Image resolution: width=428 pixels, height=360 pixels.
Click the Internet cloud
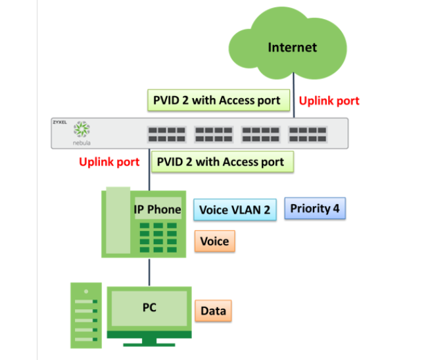(292, 48)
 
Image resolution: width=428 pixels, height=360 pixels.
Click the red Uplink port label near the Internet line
(329, 101)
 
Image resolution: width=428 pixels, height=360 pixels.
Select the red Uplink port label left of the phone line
(109, 161)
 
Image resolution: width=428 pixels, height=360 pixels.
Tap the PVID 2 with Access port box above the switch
(217, 100)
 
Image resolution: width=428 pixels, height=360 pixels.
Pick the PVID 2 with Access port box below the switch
(220, 161)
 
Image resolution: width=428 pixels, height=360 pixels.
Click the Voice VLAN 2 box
(235, 210)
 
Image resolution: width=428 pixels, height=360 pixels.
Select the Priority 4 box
(315, 209)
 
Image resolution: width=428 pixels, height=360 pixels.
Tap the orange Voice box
(214, 242)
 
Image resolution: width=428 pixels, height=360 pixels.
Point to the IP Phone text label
(157, 209)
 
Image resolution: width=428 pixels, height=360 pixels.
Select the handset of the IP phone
(116, 221)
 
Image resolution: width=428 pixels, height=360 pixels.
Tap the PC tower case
(85, 315)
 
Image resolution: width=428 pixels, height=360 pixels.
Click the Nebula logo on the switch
(82, 130)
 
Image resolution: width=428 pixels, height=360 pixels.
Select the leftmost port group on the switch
(166, 134)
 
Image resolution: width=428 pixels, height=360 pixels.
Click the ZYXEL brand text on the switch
(60, 122)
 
